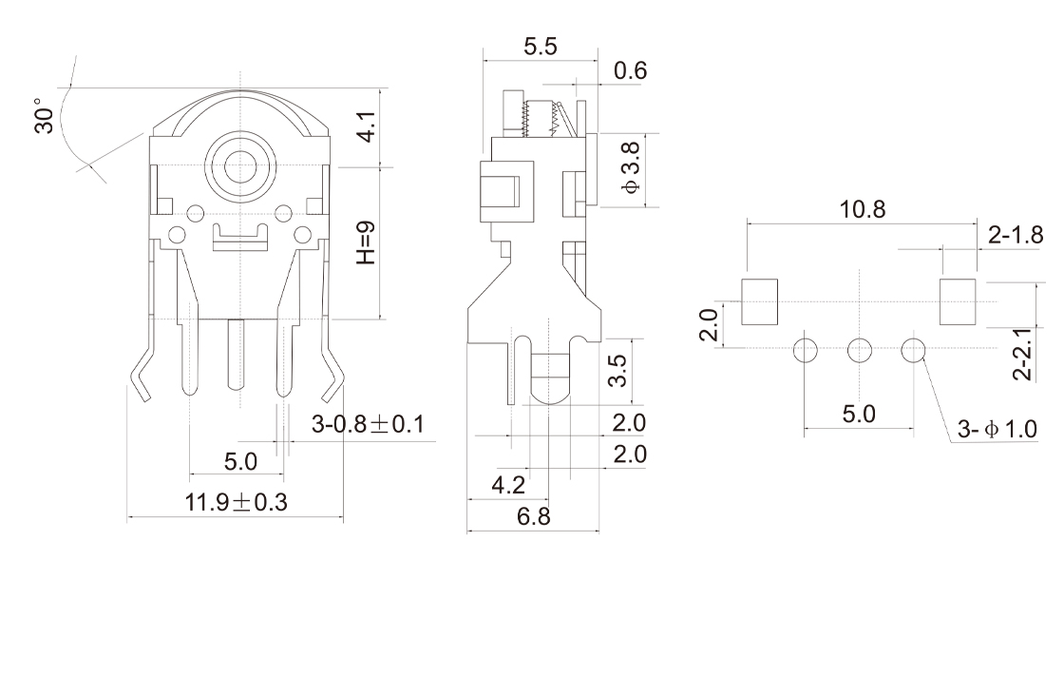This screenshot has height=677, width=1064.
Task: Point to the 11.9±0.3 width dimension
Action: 236,503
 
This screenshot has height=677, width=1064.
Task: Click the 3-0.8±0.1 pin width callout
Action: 367,425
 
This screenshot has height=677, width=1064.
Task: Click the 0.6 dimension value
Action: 631,70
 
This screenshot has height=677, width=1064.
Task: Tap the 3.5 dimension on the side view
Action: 618,372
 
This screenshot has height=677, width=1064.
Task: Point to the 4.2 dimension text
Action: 508,486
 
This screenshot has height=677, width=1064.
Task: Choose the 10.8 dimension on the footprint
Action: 862,209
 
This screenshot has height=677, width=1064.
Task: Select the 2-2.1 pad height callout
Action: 1021,355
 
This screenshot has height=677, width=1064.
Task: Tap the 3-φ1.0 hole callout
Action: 997,430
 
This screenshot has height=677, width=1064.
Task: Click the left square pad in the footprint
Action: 759,300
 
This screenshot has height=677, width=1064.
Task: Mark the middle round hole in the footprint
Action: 859,351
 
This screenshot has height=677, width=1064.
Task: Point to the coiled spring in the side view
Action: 539,117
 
